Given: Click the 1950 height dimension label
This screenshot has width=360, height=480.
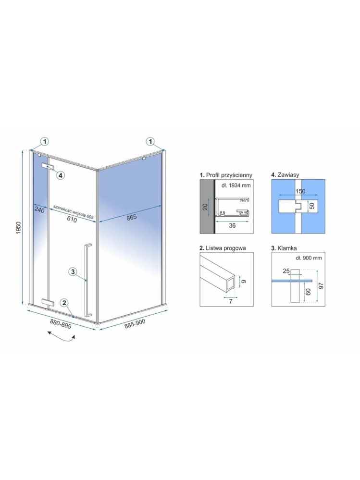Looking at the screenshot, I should point(18,228).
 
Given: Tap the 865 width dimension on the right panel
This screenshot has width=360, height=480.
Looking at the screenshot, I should point(132,217).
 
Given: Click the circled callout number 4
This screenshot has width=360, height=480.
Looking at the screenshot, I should point(60,175).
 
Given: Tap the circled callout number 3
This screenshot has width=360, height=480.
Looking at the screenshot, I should point(73,272).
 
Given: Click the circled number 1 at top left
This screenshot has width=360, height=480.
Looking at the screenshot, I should point(44,141).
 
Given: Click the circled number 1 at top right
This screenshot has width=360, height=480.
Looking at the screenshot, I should point(151,141).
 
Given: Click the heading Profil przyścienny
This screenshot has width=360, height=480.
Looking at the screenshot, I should point(225,175).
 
